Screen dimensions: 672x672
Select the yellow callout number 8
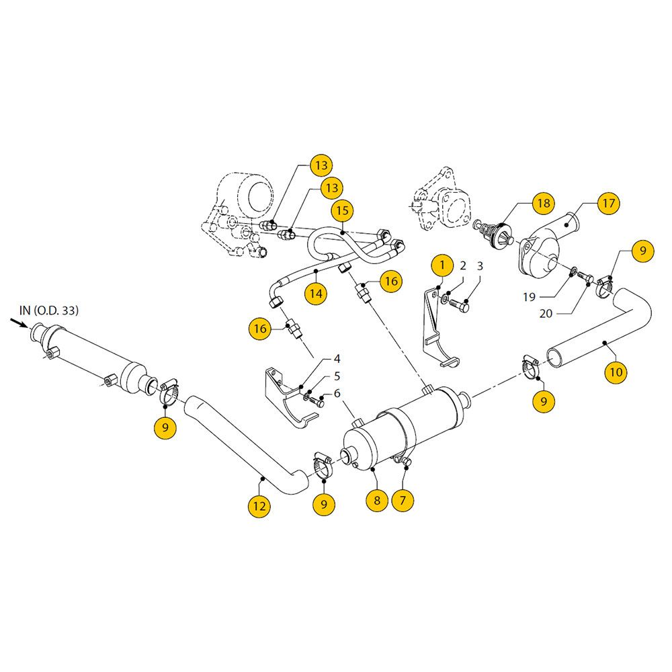(x=377, y=500)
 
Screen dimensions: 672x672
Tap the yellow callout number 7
(x=403, y=500)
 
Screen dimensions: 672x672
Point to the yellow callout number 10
(x=616, y=372)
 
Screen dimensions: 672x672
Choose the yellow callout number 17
(x=608, y=203)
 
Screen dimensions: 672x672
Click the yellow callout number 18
(x=542, y=203)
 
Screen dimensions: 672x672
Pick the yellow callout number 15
(x=343, y=210)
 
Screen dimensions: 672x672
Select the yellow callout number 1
(x=442, y=265)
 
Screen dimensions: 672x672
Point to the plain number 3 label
(x=480, y=266)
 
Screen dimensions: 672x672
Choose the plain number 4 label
(x=337, y=358)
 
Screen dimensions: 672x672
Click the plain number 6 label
(x=337, y=393)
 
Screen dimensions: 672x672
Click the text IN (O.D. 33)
(x=48, y=310)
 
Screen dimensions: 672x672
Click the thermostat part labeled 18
(x=498, y=235)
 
